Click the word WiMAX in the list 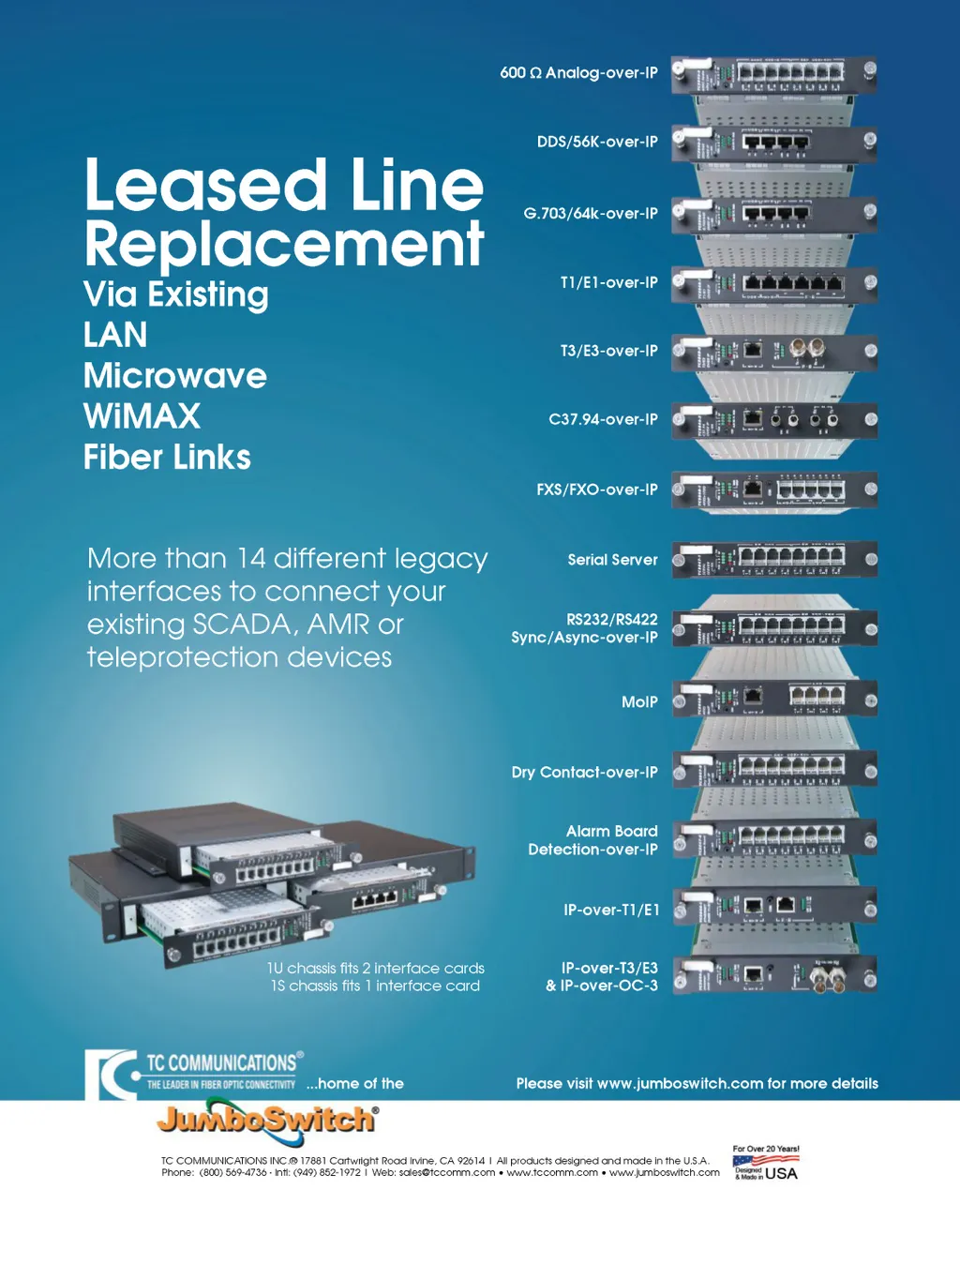point(142,415)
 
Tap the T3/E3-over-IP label point(608,351)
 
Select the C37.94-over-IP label point(603,419)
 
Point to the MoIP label point(639,701)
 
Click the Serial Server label point(612,560)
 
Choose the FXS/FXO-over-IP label point(596,489)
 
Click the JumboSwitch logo point(267,1120)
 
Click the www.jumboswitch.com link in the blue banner point(680,1084)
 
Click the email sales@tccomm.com point(447,1172)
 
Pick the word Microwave point(175,376)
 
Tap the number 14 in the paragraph point(251,559)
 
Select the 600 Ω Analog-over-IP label point(578,73)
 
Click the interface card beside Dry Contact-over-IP point(774,769)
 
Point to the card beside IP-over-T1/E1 point(774,907)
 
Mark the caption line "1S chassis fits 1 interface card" point(375,986)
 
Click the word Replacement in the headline point(284,245)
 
